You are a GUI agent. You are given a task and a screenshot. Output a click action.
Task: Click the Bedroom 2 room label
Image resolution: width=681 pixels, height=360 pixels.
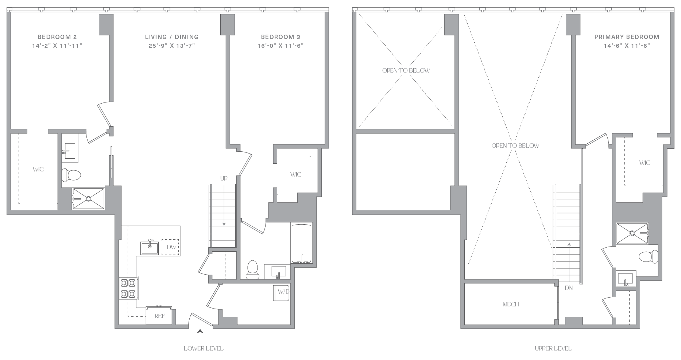pos(57,37)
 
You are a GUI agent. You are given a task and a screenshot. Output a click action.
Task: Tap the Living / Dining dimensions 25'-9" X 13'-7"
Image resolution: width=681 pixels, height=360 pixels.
pos(172,46)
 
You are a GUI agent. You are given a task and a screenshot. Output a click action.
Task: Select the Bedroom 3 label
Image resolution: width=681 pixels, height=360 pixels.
pos(280,37)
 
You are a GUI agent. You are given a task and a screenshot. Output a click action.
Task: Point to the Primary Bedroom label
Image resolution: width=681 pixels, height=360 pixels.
pos(627,37)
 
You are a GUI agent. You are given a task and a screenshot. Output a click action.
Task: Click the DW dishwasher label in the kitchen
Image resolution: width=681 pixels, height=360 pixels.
pos(171,247)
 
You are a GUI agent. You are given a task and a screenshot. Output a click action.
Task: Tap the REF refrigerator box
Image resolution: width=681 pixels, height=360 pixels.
pos(159,316)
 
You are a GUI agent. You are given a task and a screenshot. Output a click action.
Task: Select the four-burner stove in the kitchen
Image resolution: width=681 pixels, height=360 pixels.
pos(128,289)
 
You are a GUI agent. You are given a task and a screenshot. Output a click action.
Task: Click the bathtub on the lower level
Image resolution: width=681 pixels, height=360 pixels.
pos(301,243)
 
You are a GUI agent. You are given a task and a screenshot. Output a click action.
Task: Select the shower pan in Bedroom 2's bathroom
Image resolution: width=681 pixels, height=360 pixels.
pos(89,199)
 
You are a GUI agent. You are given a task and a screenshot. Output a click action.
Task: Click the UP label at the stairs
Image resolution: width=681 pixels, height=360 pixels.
pos(224,178)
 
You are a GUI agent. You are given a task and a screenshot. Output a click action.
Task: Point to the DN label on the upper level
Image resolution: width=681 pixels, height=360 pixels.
pos(569,288)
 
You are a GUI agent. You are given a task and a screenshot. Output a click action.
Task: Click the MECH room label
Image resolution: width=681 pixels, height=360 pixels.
pos(511,304)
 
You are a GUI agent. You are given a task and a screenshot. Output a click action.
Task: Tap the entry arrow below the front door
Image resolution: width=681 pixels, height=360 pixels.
pos(200,332)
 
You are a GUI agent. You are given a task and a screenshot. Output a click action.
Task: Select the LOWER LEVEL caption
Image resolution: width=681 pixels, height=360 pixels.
pos(204,348)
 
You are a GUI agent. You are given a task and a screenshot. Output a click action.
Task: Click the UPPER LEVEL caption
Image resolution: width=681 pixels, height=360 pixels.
pos(553,348)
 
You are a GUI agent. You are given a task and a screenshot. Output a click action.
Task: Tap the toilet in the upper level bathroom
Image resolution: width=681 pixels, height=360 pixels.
pos(648,257)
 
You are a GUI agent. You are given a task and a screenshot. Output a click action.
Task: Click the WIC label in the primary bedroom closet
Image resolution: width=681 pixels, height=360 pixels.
pos(645,163)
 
